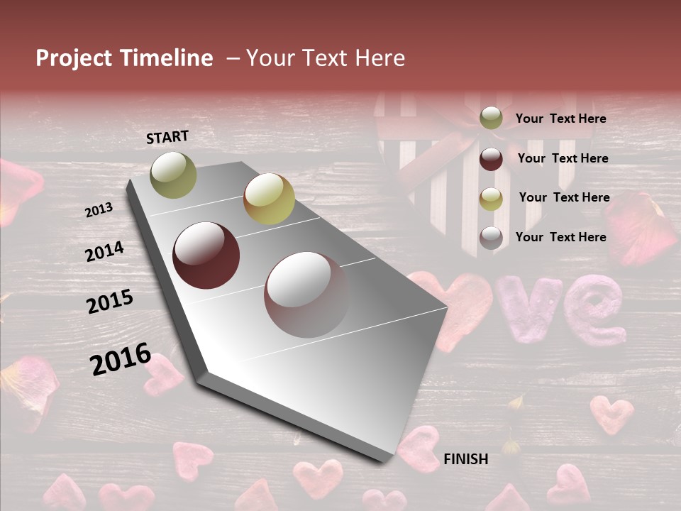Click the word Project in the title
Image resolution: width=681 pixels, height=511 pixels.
tap(74, 58)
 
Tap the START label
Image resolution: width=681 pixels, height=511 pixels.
tap(167, 137)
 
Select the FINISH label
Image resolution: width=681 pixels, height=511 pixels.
tap(466, 459)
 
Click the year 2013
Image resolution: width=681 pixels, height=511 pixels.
tap(99, 209)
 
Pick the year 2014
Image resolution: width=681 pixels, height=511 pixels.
tap(104, 251)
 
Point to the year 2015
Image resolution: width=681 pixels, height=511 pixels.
tap(110, 302)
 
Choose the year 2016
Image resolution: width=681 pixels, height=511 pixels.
tap(121, 359)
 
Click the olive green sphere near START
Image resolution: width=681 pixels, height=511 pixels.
tap(173, 175)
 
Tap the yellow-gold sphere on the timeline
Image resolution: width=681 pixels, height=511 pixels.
tap(269, 199)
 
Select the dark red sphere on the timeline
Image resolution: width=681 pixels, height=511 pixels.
tap(206, 255)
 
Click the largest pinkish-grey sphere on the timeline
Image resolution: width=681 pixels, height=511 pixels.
tap(306, 294)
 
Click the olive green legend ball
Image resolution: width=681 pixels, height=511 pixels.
tap(491, 119)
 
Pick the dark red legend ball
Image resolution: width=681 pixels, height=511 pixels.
tap(491, 159)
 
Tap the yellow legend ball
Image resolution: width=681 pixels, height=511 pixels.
tap(491, 199)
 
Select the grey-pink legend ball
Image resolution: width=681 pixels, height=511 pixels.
tap(491, 238)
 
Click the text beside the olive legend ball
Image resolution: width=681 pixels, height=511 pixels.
tap(560, 119)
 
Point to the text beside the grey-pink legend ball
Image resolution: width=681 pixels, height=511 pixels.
tap(560, 237)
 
